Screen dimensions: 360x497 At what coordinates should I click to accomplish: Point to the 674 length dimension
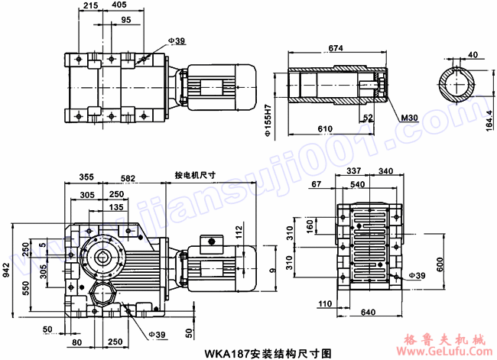[335, 47]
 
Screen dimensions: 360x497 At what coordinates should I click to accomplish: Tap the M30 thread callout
[410, 118]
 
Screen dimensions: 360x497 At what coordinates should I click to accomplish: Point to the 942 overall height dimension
[7, 268]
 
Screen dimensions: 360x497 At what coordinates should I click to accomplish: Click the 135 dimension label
[116, 206]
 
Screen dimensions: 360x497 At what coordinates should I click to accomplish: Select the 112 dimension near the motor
[239, 232]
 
